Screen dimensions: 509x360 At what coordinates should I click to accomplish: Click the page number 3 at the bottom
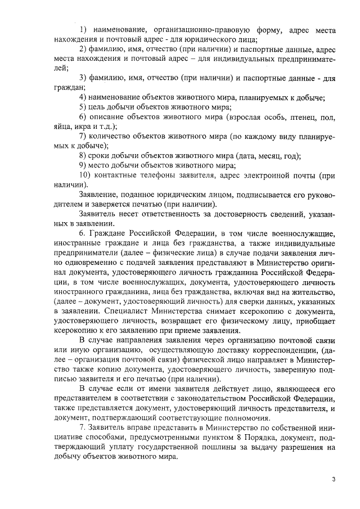(334, 479)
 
